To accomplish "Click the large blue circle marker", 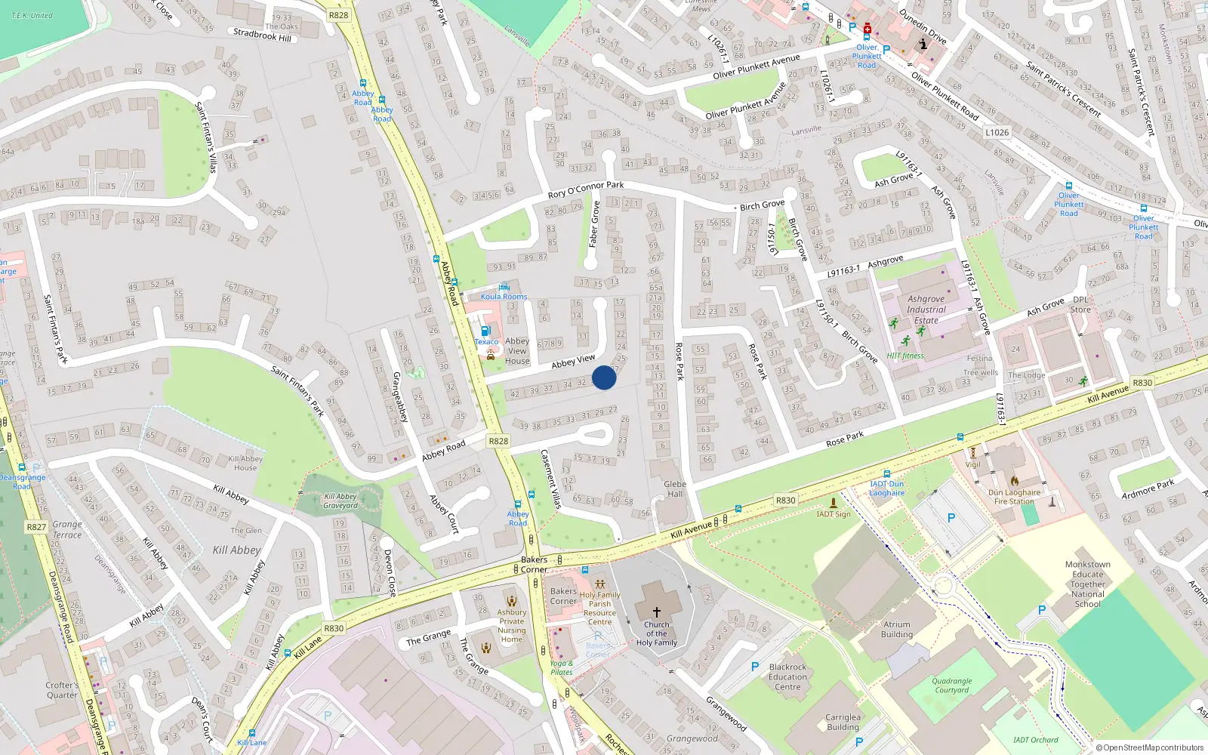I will [x=604, y=377].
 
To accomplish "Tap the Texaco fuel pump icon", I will [x=485, y=331].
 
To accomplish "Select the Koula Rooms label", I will [x=504, y=296].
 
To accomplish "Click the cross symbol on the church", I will [x=657, y=612].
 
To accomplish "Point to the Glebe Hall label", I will [x=675, y=489].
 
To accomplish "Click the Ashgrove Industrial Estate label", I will [x=926, y=310].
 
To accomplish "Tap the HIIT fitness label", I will [x=905, y=356].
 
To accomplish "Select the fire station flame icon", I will [x=1015, y=480].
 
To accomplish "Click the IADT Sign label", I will [x=834, y=514].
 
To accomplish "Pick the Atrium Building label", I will [x=897, y=630].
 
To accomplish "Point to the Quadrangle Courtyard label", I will [x=952, y=686].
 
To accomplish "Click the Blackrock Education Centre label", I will [x=787, y=676].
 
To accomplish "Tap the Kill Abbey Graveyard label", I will [x=341, y=501].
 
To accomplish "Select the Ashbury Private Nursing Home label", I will [x=511, y=626].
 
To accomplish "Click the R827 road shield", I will [x=36, y=527].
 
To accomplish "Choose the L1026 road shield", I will [x=997, y=132].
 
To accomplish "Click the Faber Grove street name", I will [x=594, y=224].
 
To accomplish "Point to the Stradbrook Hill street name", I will [x=262, y=35].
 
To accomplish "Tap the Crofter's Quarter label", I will [x=62, y=690].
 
